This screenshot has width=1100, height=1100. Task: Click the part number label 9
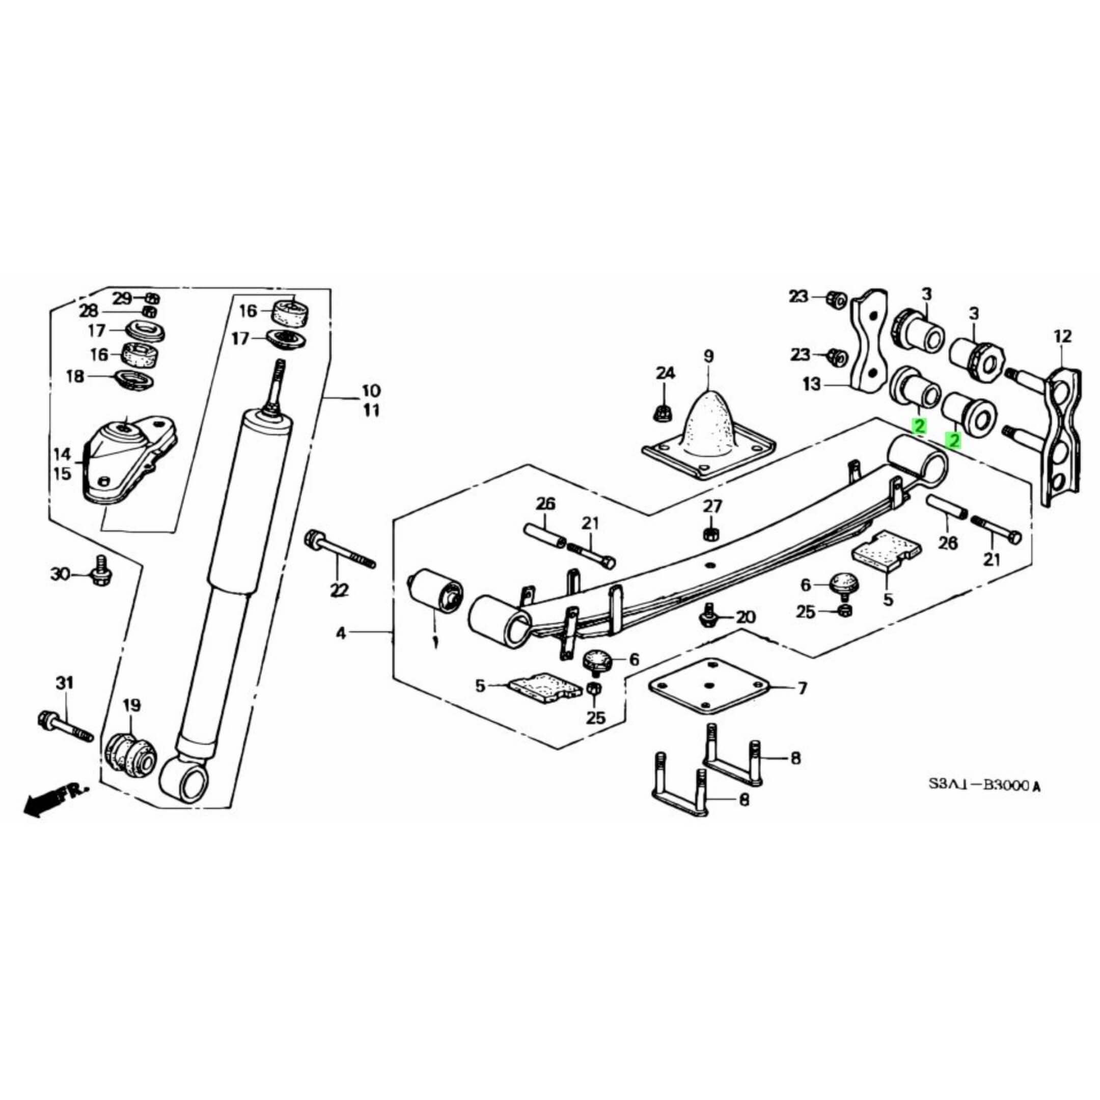tap(708, 357)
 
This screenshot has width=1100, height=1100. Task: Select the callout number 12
tap(1062, 337)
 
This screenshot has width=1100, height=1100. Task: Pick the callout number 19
tap(131, 706)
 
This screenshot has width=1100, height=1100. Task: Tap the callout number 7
tap(802, 689)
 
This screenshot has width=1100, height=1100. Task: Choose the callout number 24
tap(665, 373)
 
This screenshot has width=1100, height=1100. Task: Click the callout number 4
tap(341, 632)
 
